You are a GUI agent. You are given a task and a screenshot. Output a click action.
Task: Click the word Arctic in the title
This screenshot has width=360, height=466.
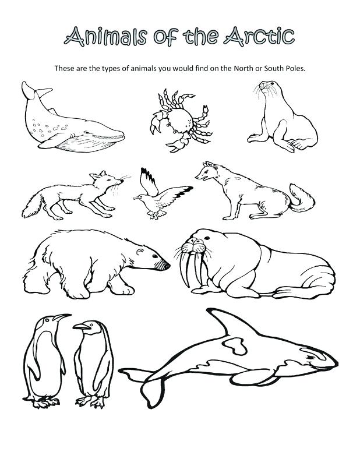pyautogui.click(x=256, y=36)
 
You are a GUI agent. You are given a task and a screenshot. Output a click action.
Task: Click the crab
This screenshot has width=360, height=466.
pyautogui.click(x=178, y=119)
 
